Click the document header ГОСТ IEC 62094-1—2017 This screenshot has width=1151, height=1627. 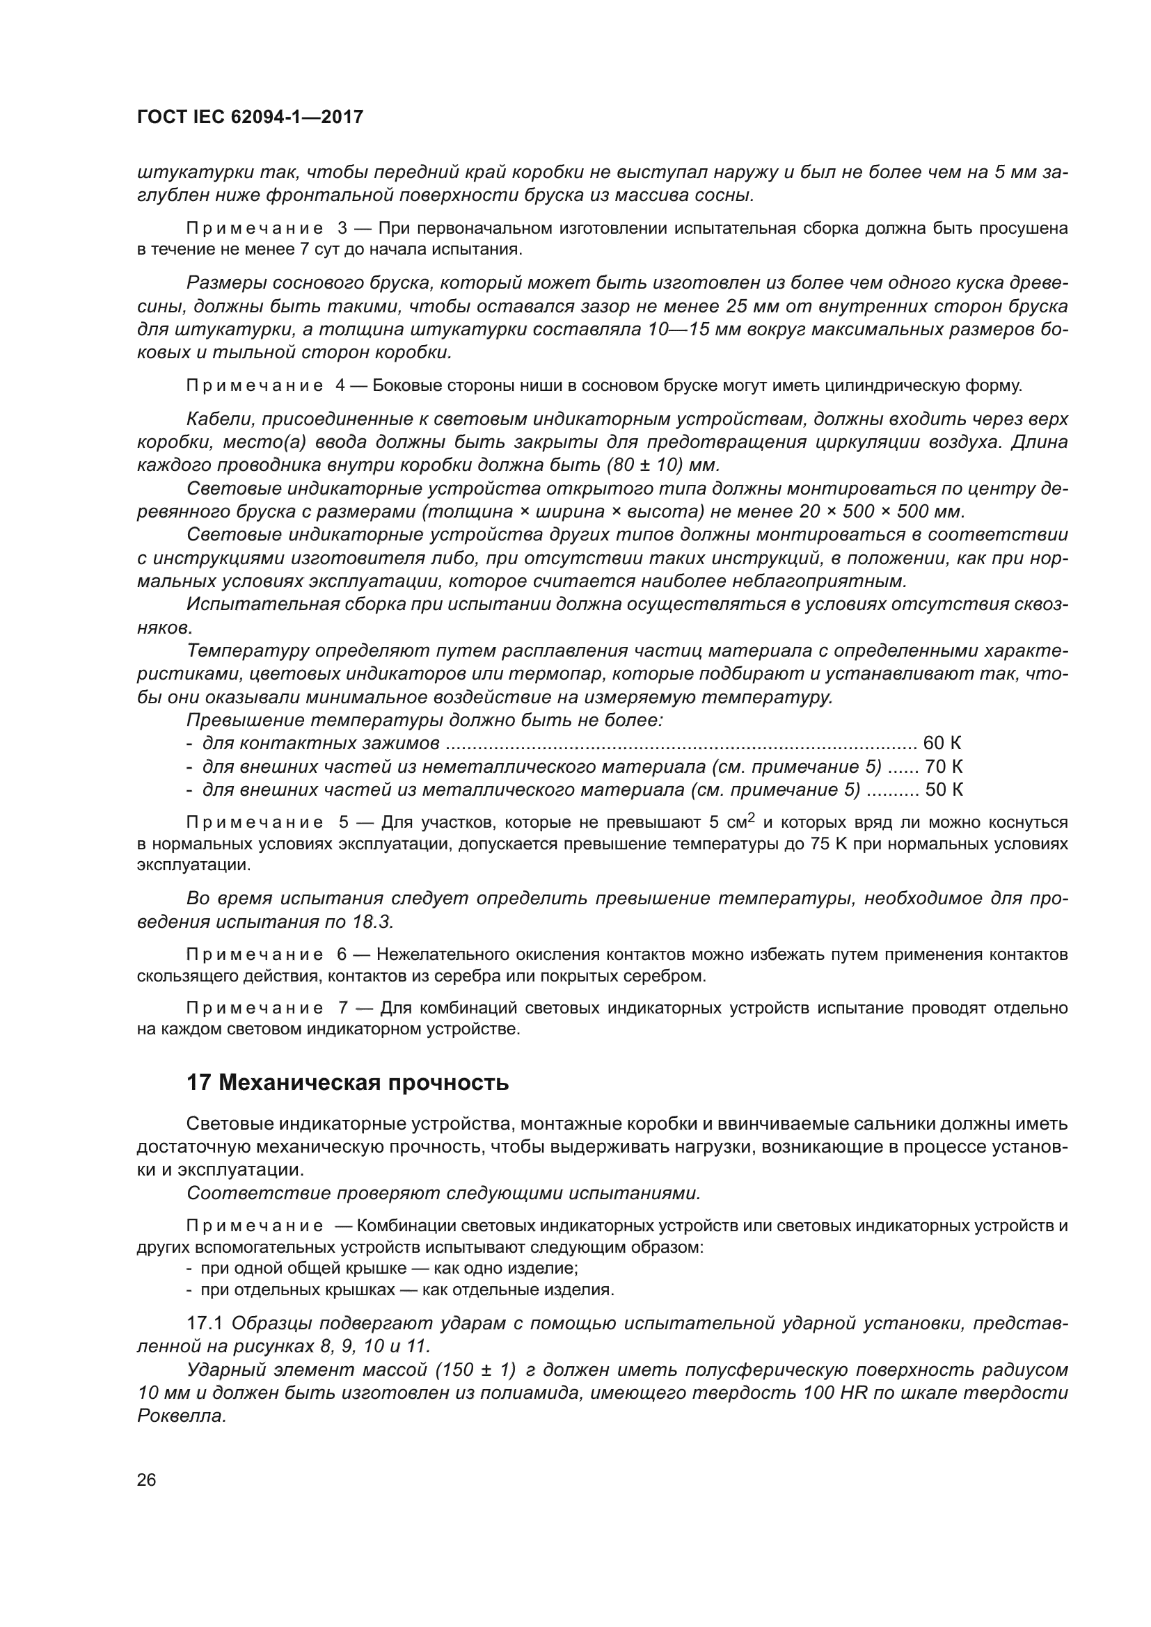[250, 117]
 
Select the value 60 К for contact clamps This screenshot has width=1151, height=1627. [942, 744]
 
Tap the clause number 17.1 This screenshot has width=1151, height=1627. [204, 1323]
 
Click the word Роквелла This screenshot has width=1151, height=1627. [182, 1416]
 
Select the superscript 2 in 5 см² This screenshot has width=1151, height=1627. [752, 817]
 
